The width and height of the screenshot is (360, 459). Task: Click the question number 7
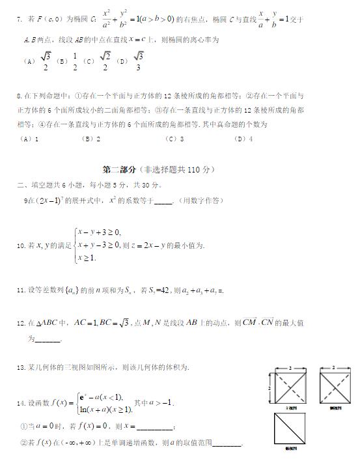(x=20, y=21)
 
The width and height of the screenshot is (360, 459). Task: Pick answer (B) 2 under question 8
(x=90, y=139)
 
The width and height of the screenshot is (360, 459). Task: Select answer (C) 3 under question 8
(x=174, y=139)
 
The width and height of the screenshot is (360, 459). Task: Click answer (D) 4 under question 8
(x=243, y=139)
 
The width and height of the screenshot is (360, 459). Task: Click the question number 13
(x=21, y=369)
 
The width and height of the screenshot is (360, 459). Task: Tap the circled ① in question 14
(x=24, y=426)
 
